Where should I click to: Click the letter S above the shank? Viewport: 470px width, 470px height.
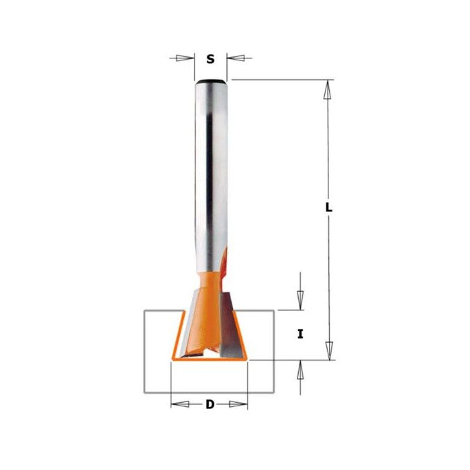[210, 59]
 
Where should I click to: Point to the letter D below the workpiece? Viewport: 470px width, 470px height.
[209, 404]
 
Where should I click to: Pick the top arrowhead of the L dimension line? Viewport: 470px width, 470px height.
[328, 91]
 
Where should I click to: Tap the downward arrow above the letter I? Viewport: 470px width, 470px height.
[300, 299]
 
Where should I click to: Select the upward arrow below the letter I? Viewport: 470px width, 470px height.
[300, 371]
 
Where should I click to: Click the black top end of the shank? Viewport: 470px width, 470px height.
[210, 82]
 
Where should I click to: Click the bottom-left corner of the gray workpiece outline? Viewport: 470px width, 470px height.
[144, 392]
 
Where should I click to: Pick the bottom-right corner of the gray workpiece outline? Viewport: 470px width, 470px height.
[274, 392]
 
